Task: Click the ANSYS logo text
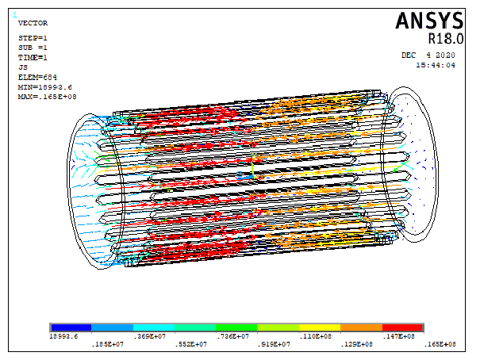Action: click(x=429, y=21)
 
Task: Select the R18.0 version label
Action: click(x=446, y=39)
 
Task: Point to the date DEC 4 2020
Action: click(x=428, y=56)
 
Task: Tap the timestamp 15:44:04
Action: click(x=436, y=65)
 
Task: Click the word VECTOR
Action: click(x=33, y=23)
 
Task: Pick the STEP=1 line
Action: click(x=33, y=38)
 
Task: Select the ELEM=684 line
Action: click(x=37, y=78)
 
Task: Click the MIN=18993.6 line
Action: click(x=45, y=87)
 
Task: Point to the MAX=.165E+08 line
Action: click(x=47, y=97)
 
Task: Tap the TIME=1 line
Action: click(x=33, y=58)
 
